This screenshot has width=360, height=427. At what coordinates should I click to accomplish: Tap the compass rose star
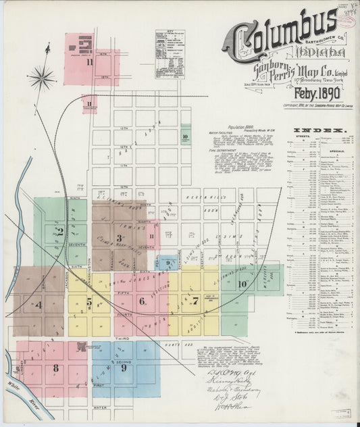[42, 77]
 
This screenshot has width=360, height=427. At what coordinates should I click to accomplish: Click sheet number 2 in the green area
[60, 232]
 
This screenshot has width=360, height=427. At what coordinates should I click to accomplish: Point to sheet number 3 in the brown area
[119, 238]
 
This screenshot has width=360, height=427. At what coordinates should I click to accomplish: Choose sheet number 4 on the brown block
[38, 304]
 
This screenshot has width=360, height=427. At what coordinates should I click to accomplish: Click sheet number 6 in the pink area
[142, 301]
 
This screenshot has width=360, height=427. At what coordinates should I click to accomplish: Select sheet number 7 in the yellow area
[195, 300]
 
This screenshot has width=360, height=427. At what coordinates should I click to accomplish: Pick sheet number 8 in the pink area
[55, 368]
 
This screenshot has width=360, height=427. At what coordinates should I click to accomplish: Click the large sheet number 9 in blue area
[124, 368]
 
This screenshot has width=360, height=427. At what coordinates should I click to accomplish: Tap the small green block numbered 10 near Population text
[184, 136]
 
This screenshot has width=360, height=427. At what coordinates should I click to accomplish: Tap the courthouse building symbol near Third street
[82, 348]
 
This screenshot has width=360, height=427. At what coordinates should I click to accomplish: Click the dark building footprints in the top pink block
[84, 46]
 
